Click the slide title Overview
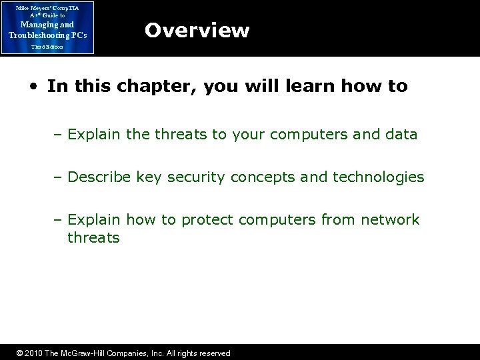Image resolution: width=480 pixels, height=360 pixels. (x=197, y=30)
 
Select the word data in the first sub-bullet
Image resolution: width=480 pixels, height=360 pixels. (x=399, y=134)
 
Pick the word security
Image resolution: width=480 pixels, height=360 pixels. (x=197, y=177)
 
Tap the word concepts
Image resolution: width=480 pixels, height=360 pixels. (x=258, y=177)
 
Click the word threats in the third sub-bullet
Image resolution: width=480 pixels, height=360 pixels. (x=93, y=237)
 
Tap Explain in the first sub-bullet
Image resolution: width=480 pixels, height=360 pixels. (x=94, y=134)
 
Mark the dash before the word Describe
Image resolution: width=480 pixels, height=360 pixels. (x=59, y=177)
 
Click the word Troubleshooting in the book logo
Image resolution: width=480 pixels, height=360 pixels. (x=42, y=35)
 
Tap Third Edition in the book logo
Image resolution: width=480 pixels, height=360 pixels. (x=47, y=47)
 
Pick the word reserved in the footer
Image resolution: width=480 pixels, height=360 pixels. (x=214, y=353)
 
